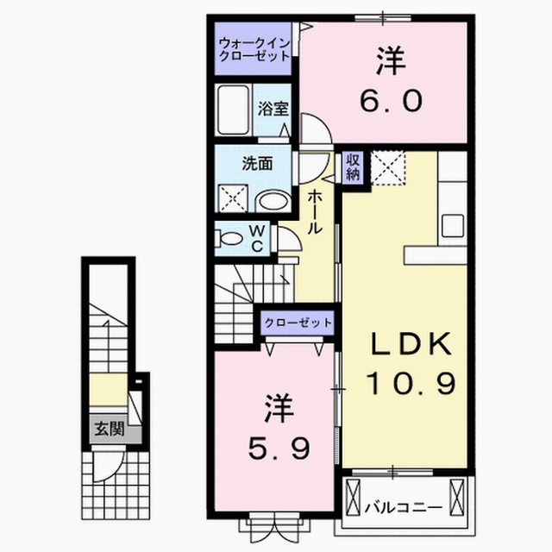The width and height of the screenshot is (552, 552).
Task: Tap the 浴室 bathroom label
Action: tap(277, 110)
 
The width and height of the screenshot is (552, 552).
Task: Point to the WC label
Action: tap(257, 238)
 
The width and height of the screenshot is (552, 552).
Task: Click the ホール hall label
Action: tap(315, 213)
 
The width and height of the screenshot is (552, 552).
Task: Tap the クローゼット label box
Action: tap(298, 323)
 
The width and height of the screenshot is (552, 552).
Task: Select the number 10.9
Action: tap(409, 379)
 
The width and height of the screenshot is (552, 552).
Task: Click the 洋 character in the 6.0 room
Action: tap(387, 62)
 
